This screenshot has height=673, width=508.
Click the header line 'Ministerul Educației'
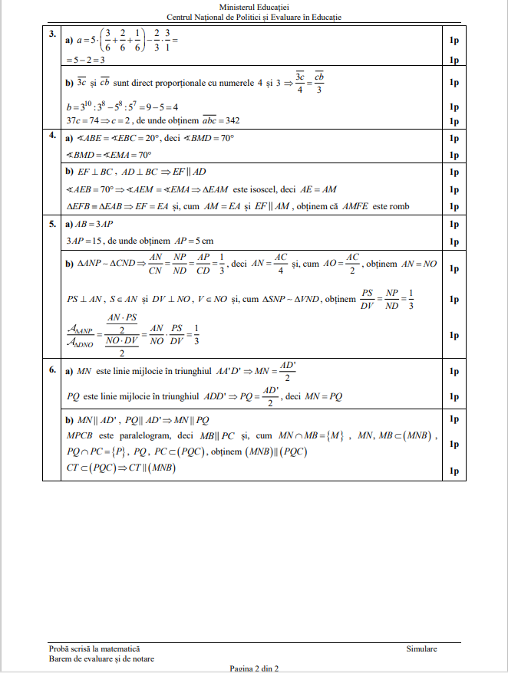(253, 7)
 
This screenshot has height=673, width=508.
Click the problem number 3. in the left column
(51, 34)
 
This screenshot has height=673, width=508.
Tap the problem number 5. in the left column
(51, 224)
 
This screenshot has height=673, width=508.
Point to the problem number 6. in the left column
(51, 369)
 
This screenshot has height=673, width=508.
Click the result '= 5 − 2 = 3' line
(86, 59)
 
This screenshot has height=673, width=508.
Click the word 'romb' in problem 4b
(399, 206)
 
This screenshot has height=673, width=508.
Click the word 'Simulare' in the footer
(421, 648)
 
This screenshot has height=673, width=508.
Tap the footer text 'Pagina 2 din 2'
(254, 668)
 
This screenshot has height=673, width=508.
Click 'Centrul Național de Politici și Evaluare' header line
(253, 17)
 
